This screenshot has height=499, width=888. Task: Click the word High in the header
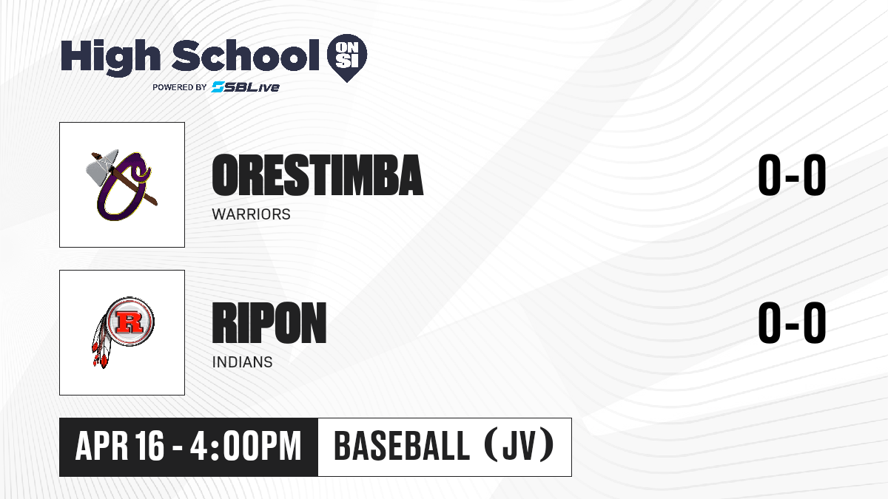point(110,58)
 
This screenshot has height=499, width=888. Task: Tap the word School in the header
point(246,55)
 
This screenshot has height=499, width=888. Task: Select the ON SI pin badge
point(347,58)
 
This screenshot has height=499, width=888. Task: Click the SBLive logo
point(245,87)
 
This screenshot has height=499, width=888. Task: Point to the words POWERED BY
point(179,87)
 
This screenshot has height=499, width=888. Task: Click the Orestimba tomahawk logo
point(122,185)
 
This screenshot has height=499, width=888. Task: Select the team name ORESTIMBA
point(317,175)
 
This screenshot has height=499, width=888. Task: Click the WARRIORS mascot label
point(252,214)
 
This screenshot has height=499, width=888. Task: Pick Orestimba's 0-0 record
point(792,175)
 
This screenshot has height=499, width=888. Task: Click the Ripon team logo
point(123,333)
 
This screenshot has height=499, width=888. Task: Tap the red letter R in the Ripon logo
point(129,322)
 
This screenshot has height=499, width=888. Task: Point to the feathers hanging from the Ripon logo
point(101,342)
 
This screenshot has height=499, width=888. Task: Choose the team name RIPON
point(269,323)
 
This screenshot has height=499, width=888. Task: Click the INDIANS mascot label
point(242,362)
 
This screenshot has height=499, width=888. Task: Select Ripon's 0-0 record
point(792,323)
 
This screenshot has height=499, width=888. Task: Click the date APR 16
point(119,447)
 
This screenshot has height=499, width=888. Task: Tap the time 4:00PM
point(246,447)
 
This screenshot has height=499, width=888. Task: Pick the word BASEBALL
point(402,447)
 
